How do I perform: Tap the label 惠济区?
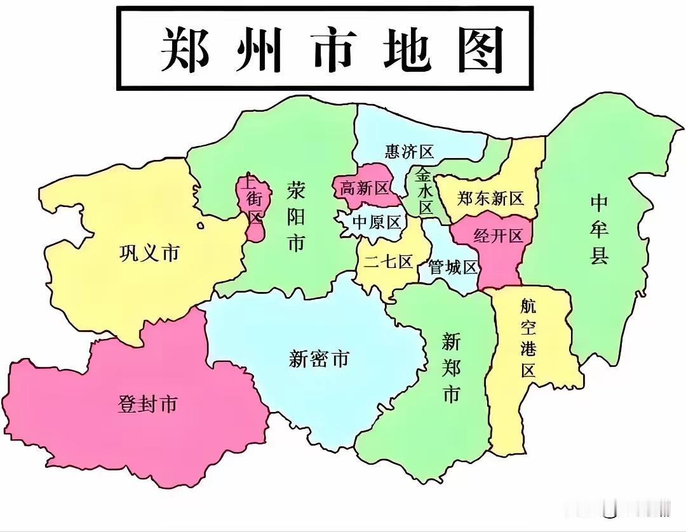409,152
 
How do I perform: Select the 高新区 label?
364,188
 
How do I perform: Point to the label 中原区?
377,222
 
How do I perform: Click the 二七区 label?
388,261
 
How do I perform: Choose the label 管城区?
452,267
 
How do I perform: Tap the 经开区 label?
499,236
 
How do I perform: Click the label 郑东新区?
490,198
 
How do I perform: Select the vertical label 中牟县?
599,229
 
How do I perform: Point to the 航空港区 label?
528,338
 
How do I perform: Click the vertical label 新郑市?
451,368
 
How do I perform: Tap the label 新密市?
319,359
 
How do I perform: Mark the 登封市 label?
147,404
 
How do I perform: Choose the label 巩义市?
149,254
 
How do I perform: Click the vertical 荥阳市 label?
296,216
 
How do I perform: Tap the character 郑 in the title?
185,50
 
